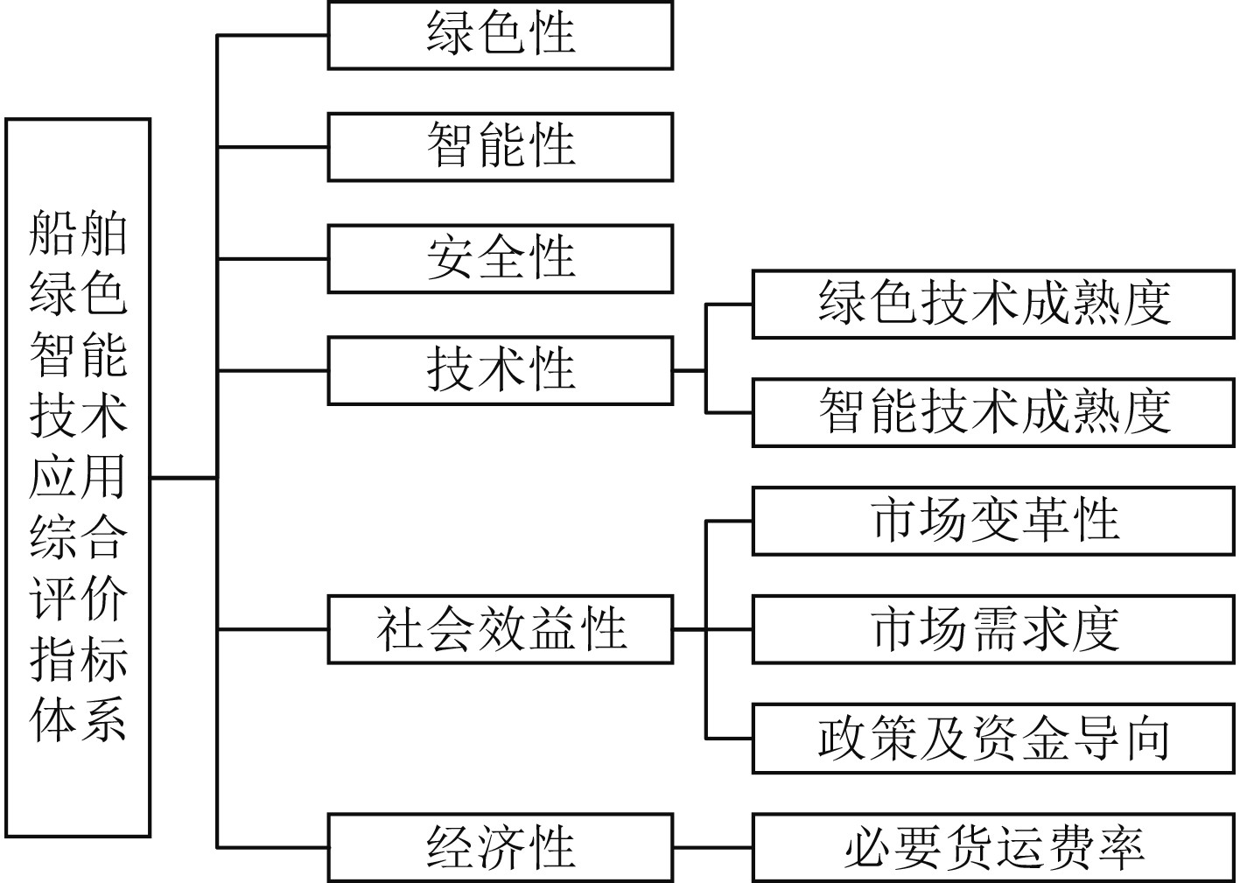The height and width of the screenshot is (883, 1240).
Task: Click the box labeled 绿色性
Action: tap(500, 35)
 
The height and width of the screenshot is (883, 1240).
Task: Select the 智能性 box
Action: tap(500, 147)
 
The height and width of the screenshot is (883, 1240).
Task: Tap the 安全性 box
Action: tap(500, 259)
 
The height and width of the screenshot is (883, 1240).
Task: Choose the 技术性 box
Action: tap(500, 371)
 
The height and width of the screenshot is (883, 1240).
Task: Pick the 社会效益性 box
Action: tap(500, 629)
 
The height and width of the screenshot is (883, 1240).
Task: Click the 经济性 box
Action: tap(500, 847)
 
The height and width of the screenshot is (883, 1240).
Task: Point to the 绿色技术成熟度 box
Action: tap(993, 305)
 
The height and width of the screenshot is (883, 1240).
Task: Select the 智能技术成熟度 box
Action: tap(993, 413)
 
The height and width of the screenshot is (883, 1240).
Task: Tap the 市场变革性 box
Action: tap(993, 522)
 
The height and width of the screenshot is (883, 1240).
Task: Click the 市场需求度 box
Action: tap(993, 629)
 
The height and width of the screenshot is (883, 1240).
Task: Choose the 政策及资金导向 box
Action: tap(993, 739)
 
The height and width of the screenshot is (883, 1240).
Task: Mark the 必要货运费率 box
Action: tap(993, 847)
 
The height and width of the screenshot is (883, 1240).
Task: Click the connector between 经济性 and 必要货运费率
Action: tap(712, 847)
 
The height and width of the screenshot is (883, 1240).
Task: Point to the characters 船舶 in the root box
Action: tap(79, 235)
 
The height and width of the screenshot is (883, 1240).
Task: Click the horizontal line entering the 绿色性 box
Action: tap(272, 36)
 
